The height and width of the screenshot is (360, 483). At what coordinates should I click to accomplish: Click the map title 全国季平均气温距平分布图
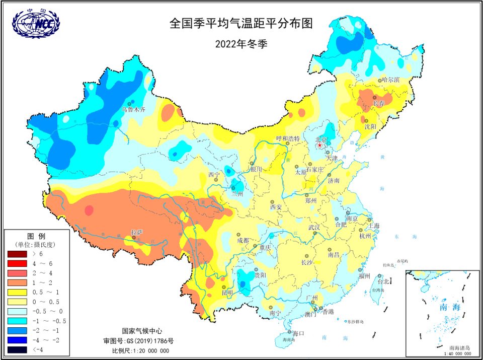(x=241, y=23)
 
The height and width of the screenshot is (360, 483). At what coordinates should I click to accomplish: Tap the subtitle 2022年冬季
(x=241, y=43)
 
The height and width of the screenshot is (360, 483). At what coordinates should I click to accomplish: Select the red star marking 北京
(x=320, y=146)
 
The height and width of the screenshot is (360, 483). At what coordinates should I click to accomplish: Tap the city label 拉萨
(x=137, y=232)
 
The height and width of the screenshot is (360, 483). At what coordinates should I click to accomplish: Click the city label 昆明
(x=227, y=293)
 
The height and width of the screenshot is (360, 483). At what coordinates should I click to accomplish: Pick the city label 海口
(x=298, y=333)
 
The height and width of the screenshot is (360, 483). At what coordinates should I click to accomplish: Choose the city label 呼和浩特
(x=288, y=138)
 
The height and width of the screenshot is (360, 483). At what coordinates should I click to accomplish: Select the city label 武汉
(x=314, y=228)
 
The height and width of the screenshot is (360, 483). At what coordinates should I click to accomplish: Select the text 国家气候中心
(x=142, y=331)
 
